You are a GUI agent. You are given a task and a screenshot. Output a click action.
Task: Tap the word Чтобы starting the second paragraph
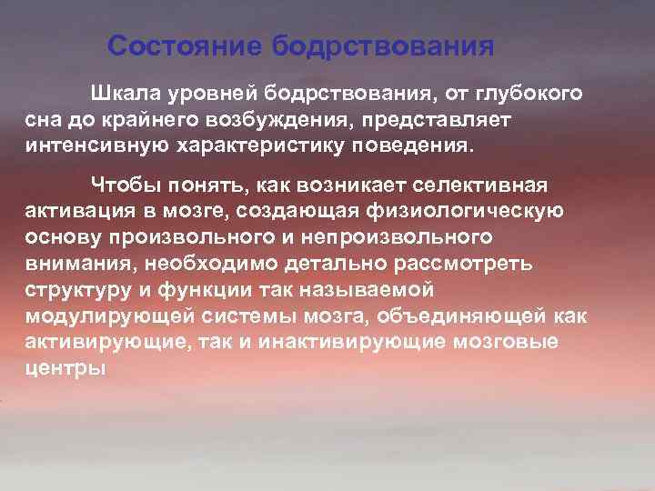(x=123, y=186)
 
